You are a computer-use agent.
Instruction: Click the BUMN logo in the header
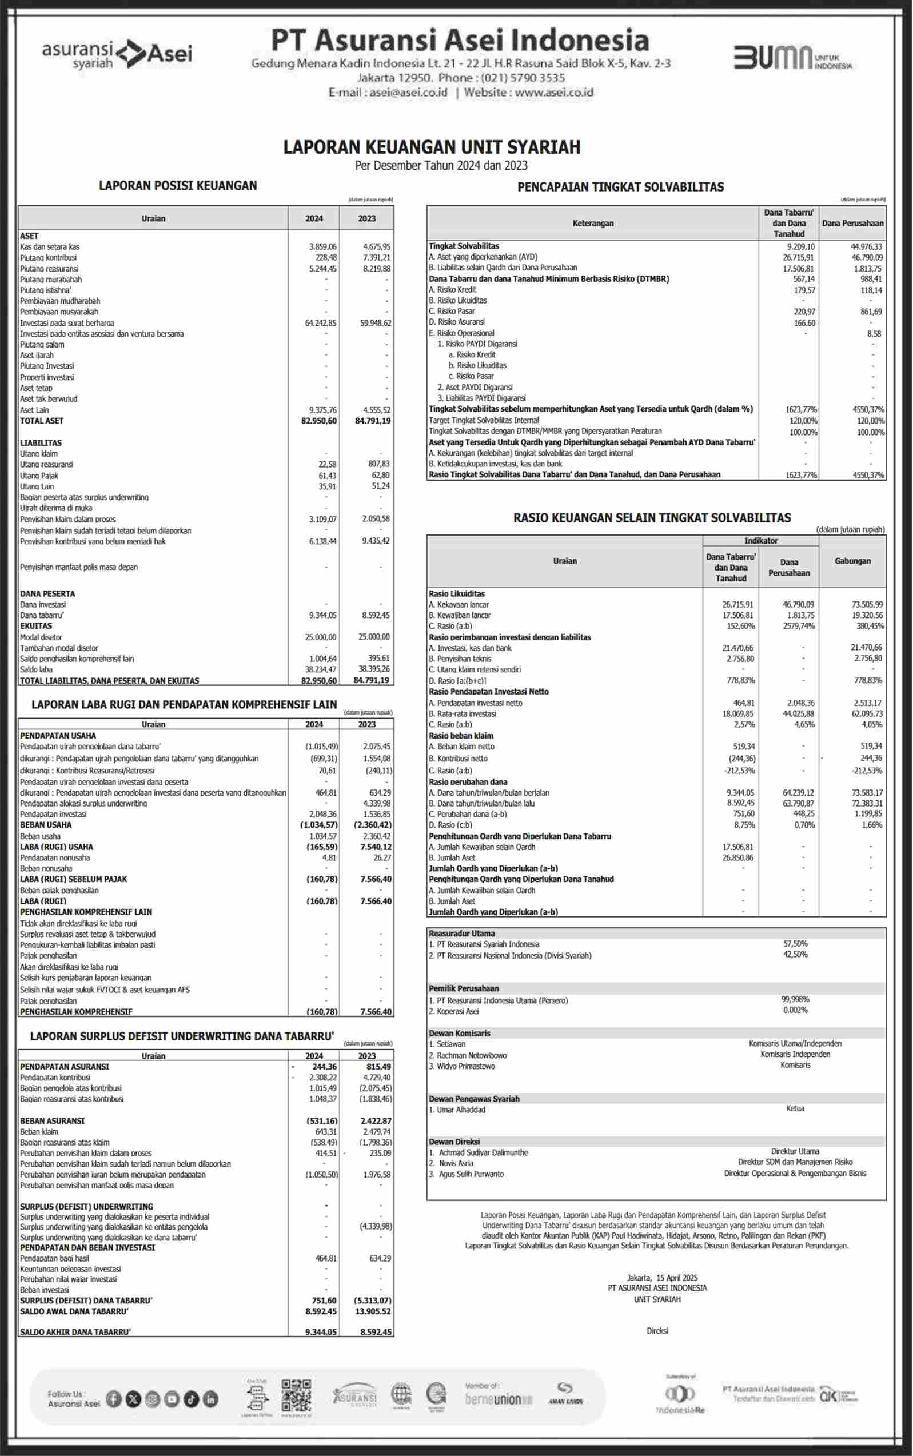pos(792,57)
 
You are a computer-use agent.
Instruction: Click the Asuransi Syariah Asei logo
pos(117,54)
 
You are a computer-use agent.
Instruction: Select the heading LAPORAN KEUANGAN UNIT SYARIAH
pos(432,147)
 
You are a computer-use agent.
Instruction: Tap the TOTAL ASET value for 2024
pos(319,421)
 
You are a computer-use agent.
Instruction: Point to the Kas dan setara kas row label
pos(50,247)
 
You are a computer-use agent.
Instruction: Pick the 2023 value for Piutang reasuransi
pos(376,269)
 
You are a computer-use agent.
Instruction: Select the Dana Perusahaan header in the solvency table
pos(852,224)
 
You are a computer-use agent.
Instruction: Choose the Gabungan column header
pos(852,561)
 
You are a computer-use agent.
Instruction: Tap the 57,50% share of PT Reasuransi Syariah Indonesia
pos(795,943)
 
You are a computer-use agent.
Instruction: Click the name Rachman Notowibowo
pos(472,1055)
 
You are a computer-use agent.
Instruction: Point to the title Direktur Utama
pos(795,1152)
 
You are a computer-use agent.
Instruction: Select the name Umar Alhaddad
pos(461,1110)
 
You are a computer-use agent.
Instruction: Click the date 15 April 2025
pos(676,1277)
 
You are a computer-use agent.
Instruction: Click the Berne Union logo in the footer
pos(498,1399)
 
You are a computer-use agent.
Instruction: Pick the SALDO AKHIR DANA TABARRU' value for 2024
pos(321,1331)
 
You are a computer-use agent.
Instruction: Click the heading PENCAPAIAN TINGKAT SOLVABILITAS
pos(620,187)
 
